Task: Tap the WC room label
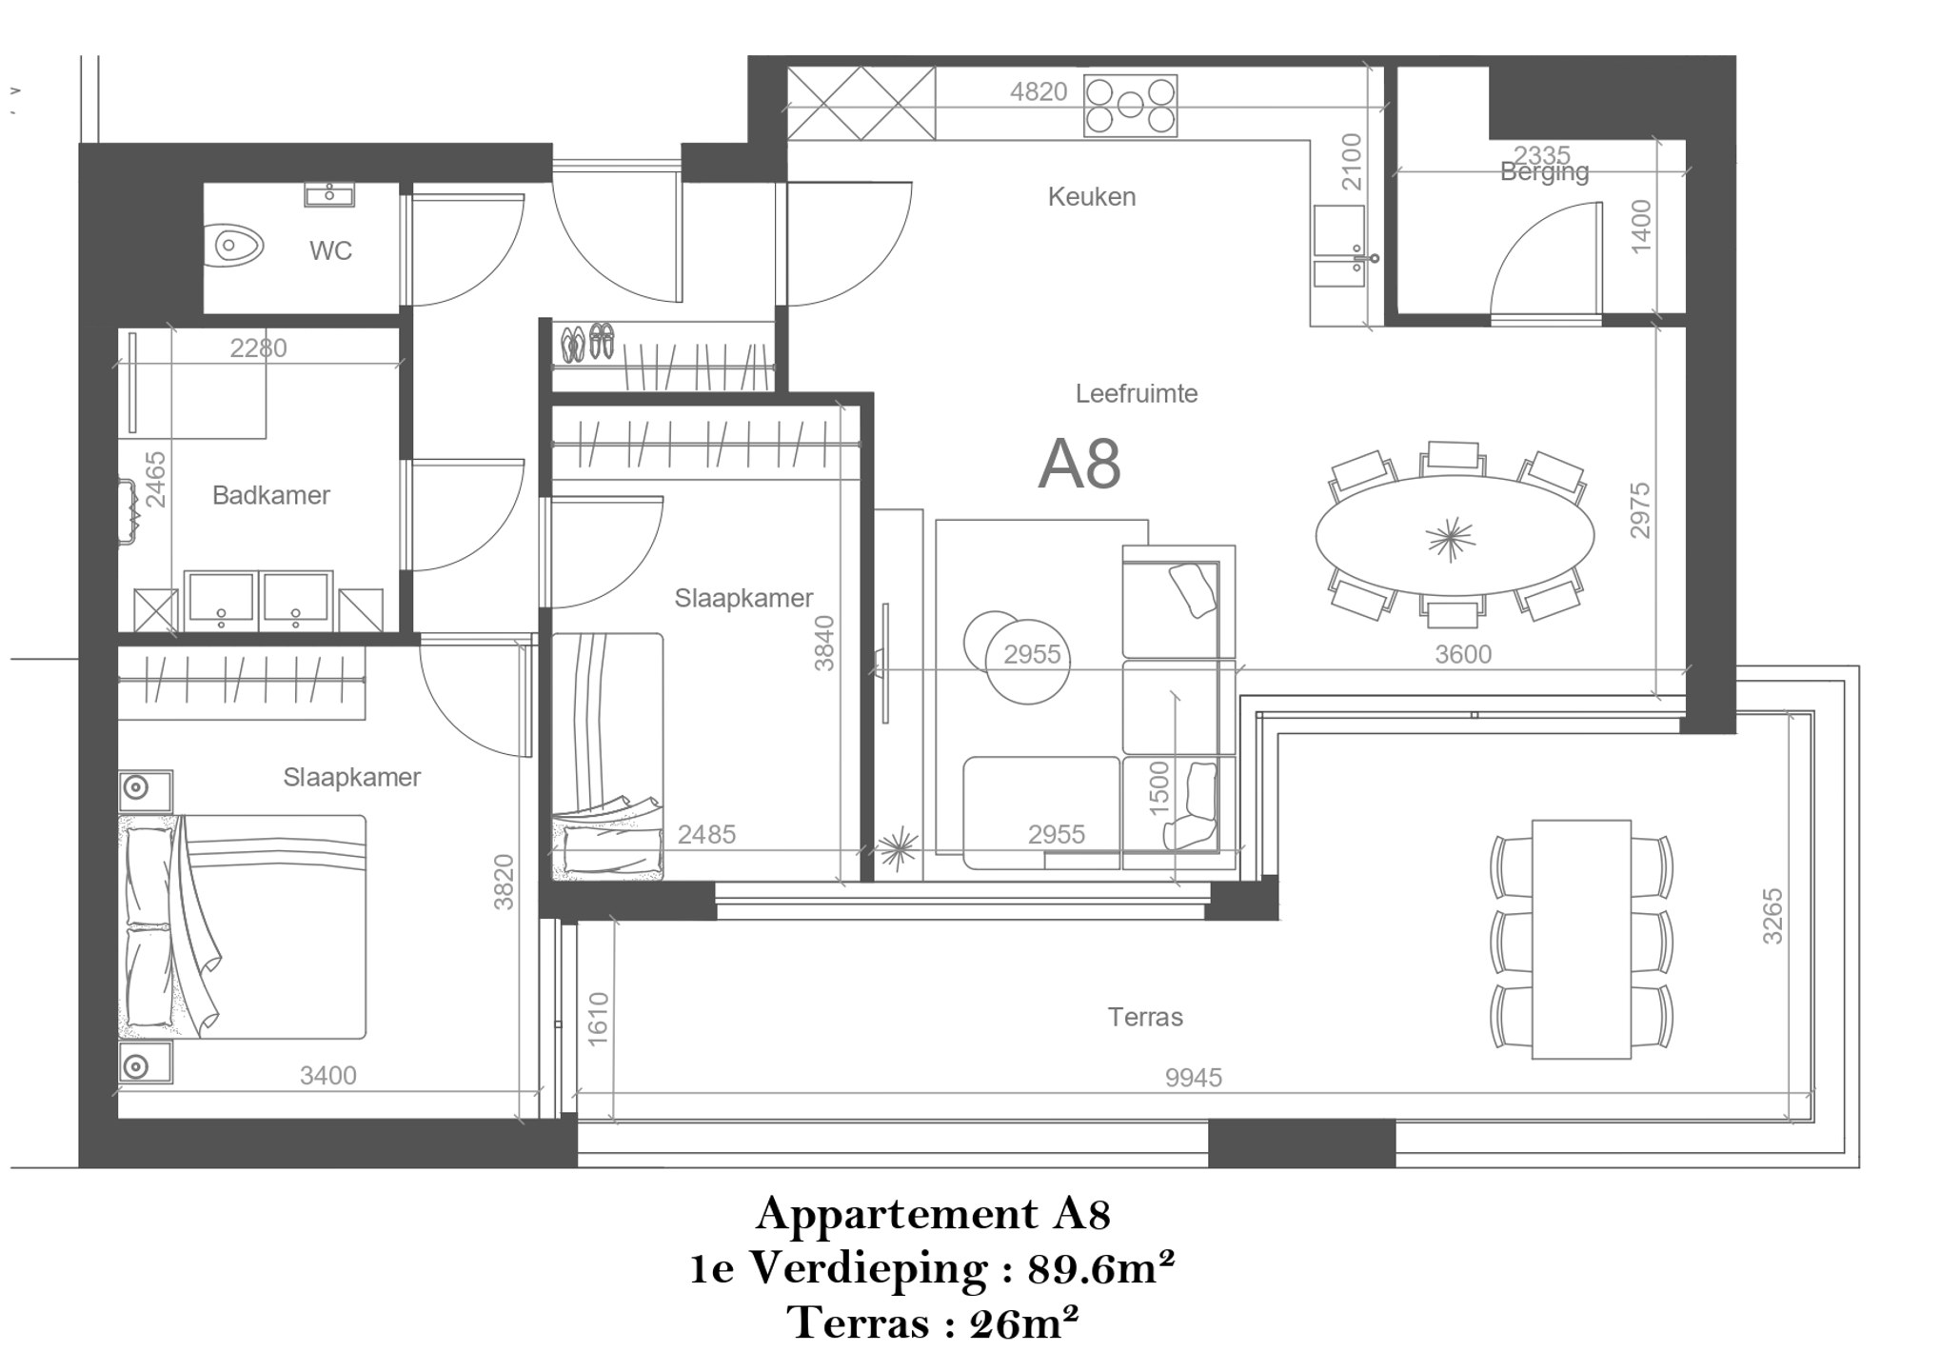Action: (x=330, y=250)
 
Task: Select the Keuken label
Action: (x=1091, y=197)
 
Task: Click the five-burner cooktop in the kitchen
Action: (x=1131, y=105)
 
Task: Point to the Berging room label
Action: (x=1544, y=172)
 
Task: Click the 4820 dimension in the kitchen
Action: (x=1039, y=91)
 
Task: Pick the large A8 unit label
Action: (x=1079, y=465)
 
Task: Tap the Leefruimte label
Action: (x=1137, y=393)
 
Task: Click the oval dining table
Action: (x=1454, y=536)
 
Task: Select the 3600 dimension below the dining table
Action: (x=1463, y=654)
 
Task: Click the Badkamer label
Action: (x=271, y=495)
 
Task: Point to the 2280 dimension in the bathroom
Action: (x=258, y=348)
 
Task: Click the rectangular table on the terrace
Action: (x=1581, y=939)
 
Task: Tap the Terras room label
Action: (x=1145, y=1017)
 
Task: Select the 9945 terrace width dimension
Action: (x=1194, y=1077)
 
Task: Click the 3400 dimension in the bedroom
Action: (x=328, y=1075)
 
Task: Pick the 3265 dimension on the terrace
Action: (x=1772, y=916)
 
